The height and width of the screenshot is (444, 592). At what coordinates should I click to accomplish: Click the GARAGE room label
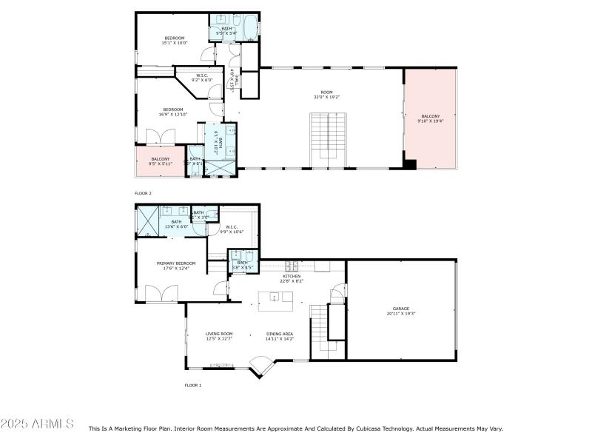tap(401, 311)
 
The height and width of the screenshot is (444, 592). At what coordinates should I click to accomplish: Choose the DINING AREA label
tap(280, 336)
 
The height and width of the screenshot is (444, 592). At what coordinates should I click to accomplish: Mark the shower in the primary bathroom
tap(147, 221)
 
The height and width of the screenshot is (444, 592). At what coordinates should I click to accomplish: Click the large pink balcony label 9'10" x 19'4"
tap(430, 118)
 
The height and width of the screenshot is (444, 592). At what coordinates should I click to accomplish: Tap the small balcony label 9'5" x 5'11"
tap(161, 161)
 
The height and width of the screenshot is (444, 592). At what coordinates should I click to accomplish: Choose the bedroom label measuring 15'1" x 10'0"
tap(175, 40)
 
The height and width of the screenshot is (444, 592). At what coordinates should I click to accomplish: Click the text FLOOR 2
tap(144, 193)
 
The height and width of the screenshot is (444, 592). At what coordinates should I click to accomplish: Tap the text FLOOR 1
tap(192, 385)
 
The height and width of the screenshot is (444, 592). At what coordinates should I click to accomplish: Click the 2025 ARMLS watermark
tap(37, 424)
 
